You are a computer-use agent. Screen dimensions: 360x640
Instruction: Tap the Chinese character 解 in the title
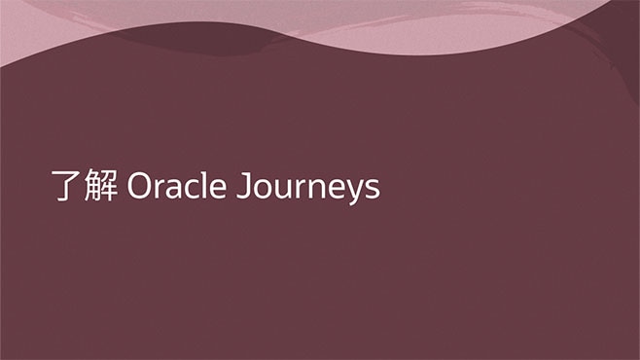(x=99, y=187)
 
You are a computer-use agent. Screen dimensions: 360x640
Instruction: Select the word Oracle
(x=178, y=187)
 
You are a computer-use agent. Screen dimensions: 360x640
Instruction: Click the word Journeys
(x=308, y=188)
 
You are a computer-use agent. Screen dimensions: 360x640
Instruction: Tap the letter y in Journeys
(x=354, y=192)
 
